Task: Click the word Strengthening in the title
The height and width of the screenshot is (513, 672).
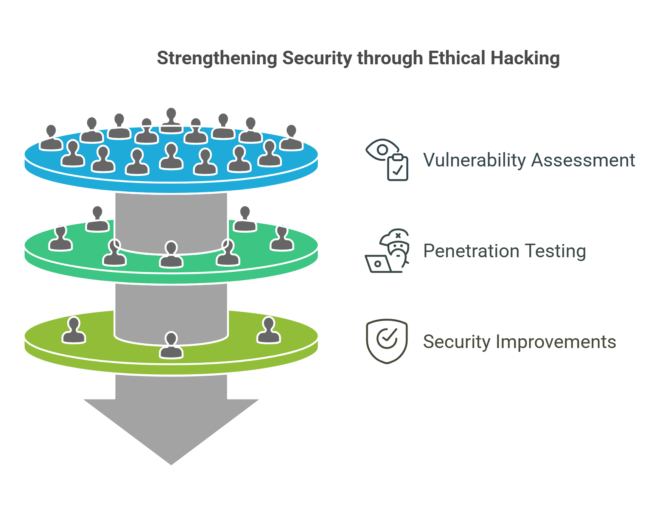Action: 217,59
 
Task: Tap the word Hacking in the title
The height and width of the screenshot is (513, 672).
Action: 525,59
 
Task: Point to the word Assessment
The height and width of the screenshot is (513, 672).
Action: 583,160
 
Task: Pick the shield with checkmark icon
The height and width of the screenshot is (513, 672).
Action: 387,341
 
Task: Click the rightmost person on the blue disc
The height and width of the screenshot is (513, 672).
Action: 291,138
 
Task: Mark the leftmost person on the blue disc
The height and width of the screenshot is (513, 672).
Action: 51,138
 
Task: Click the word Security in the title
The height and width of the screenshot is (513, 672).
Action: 317,59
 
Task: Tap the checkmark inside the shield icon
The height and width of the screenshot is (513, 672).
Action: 387,337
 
